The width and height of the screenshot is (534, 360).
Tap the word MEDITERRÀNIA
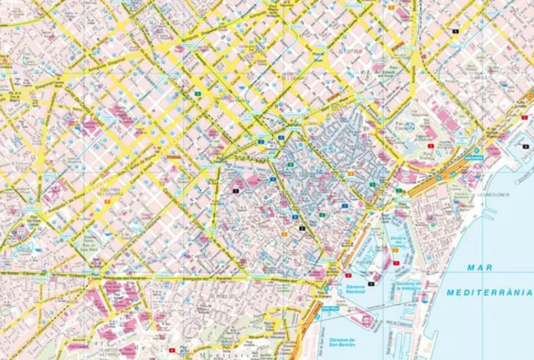[489, 292]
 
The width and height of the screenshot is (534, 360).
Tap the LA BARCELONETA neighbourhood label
[493, 195]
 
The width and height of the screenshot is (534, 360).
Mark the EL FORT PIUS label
[350, 52]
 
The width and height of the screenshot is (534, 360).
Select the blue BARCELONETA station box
[474, 158]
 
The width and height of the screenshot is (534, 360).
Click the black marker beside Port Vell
[371, 276]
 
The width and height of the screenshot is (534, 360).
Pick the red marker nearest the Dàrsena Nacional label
[348, 275]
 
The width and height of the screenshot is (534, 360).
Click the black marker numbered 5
[456, 32]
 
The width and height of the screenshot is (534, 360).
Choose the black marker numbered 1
[235, 190]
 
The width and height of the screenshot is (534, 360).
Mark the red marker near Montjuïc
[171, 350]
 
